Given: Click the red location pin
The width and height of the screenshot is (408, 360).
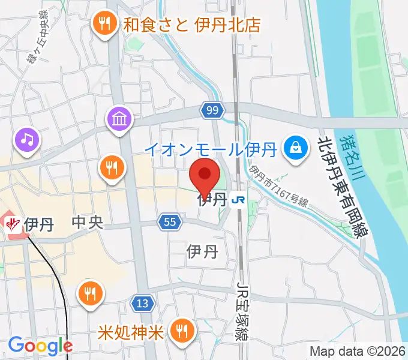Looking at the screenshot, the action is pos(205,176).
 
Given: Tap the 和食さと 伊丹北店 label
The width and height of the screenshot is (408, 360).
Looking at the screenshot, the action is pos(193,25).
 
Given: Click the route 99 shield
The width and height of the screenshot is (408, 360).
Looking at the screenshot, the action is pos(212,110).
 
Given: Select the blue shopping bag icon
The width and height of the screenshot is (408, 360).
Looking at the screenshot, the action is pos(296,146).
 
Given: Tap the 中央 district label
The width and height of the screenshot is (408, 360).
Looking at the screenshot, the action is pos(88,223).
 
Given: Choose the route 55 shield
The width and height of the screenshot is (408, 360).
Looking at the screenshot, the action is pos(170,223).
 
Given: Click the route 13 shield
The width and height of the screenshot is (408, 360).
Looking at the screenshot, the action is pos(142,304).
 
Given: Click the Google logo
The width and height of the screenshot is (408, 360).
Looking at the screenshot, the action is pos(40,345).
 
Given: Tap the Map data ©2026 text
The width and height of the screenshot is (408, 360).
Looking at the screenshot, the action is pos(356,351).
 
